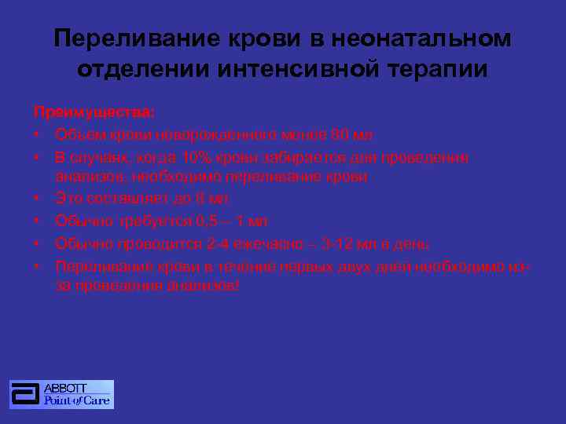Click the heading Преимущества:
tap(94, 111)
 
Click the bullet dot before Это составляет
tap(37, 199)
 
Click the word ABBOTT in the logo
tap(67, 389)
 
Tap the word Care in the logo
tap(95, 400)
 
